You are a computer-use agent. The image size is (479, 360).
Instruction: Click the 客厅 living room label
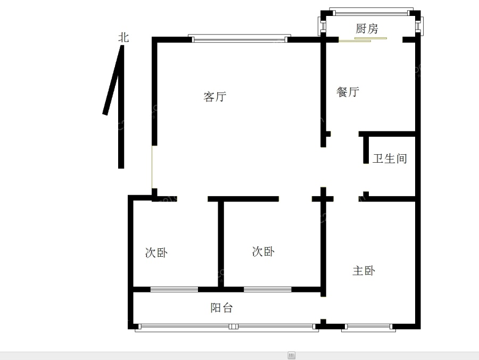(x=215, y=97)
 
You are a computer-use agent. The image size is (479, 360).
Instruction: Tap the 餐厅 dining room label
(x=348, y=91)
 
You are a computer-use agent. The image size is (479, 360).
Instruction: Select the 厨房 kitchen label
(x=367, y=29)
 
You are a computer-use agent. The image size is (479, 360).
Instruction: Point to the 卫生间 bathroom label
(x=390, y=158)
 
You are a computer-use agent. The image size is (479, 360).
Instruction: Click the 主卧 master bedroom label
(x=364, y=271)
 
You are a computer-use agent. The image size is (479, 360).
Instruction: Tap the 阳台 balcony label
(x=221, y=307)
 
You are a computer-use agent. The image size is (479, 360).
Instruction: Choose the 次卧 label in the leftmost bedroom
(x=156, y=253)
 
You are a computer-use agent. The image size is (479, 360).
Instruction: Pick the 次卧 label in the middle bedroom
(x=263, y=251)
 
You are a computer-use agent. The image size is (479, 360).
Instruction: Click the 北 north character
(x=123, y=38)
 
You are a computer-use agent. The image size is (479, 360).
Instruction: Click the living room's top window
(x=240, y=39)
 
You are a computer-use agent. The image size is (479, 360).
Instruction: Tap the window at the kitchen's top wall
(x=370, y=11)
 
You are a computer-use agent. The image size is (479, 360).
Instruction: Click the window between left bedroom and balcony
(x=174, y=290)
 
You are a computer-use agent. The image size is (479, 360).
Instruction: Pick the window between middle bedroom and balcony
(x=268, y=290)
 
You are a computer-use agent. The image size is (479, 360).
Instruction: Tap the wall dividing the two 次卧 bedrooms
(x=220, y=242)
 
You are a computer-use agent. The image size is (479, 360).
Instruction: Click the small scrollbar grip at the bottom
(x=291, y=355)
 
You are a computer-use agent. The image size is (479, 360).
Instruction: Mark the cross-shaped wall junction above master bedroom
(x=323, y=199)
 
